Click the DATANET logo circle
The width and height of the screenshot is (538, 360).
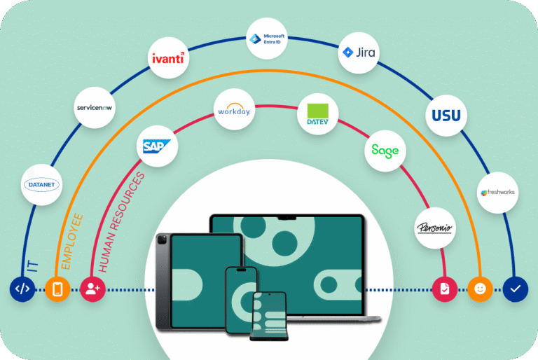tap(43, 184)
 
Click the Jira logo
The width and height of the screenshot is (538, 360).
tap(358, 53)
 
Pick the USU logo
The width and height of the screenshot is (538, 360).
tap(446, 114)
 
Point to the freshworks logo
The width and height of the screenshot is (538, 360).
tap(498, 192)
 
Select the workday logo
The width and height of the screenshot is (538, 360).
tap(234, 110)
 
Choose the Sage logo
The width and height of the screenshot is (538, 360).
tap(385, 150)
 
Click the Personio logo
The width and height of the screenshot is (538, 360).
tap(435, 228)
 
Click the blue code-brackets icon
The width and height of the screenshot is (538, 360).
tap(22, 288)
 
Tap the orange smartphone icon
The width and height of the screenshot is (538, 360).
tap(57, 288)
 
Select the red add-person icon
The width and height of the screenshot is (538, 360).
tap(92, 288)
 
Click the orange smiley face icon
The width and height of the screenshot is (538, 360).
tap(481, 288)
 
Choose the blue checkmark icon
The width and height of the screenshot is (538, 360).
tap(516, 288)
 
